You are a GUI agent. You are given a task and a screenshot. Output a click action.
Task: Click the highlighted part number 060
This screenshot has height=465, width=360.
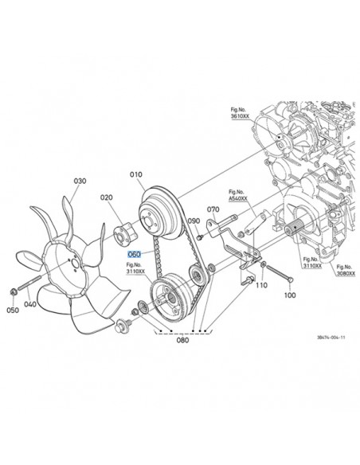tap(134, 254)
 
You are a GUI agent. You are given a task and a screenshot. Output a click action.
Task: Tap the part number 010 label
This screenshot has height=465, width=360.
tap(136, 174)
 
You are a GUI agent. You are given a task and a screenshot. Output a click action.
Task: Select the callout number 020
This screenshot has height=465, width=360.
tap(107, 197)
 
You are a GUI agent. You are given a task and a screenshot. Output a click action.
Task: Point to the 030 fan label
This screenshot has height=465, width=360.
tap(80, 181)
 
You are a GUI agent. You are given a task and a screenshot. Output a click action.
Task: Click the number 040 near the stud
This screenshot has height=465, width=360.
tap(30, 304)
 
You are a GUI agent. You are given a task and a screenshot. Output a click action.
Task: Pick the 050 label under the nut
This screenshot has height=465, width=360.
tap(13, 310)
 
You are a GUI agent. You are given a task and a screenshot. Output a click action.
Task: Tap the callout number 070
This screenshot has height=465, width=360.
tap(213, 209)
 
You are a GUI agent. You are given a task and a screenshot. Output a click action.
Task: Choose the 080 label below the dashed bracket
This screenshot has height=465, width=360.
tap(182, 340)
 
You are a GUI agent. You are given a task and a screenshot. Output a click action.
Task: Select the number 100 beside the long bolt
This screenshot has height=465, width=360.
tap(290, 295)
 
